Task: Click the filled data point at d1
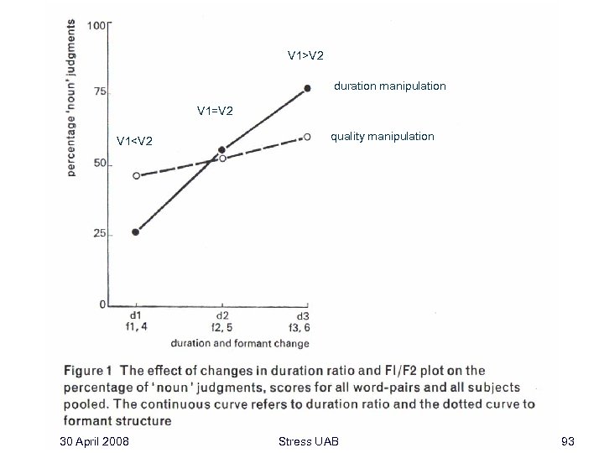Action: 136,232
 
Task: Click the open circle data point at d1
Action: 137,176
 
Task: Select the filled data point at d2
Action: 221,150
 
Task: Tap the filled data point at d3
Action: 308,88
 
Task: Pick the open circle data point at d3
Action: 308,136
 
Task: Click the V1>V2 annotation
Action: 305,55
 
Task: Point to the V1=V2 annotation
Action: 215,110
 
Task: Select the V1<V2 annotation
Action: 134,140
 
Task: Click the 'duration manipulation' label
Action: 390,86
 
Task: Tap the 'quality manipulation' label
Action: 383,136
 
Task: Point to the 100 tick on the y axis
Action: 96,25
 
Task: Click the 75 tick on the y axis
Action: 100,92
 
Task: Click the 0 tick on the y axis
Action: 102,305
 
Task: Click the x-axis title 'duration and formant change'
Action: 240,343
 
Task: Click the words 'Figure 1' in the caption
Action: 88,370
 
